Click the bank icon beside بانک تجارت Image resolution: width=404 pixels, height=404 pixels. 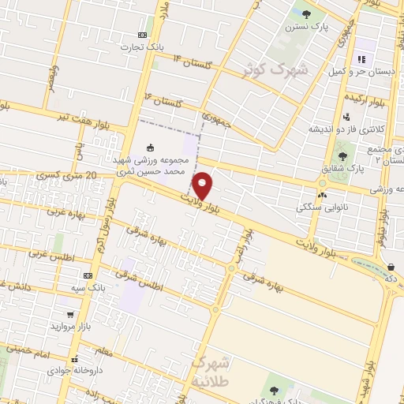[143, 35]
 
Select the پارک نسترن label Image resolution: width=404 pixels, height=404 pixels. [306, 27]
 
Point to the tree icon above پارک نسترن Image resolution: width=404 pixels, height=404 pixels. [307, 13]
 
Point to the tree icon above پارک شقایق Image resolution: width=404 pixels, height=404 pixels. [342, 155]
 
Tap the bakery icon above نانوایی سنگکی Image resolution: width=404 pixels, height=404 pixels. [321, 195]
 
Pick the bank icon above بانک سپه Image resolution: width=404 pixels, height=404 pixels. [88, 275]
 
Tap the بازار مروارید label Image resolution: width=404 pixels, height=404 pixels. [73, 326]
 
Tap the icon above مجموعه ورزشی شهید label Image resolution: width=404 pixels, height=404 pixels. [150, 146]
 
